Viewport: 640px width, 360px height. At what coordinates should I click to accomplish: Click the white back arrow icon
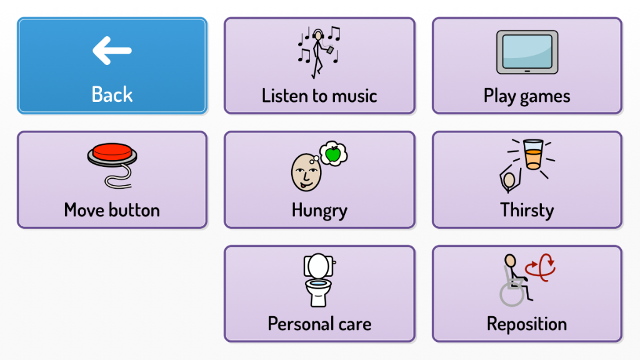coord(112,51)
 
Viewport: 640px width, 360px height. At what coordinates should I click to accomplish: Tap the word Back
coord(112,95)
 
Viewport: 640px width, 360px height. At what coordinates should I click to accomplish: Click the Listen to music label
coord(319,96)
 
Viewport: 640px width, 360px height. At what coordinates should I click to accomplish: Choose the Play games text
coord(527,96)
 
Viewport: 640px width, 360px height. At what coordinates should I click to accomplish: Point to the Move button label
coord(112,210)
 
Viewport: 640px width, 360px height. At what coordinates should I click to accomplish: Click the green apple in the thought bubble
coord(333,153)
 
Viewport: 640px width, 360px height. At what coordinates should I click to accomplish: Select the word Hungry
coord(319,210)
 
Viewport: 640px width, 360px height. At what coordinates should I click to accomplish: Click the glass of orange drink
coord(532,155)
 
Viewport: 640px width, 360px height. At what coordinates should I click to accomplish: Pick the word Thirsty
coord(527,210)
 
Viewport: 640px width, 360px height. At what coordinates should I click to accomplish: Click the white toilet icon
coord(319,279)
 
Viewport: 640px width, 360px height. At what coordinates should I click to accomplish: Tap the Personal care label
coord(319,324)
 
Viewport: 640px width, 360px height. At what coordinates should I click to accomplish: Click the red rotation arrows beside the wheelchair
coord(541,267)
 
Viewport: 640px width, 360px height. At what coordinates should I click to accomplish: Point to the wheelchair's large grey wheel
coord(512,294)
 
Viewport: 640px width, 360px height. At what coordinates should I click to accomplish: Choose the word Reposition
coord(527,324)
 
